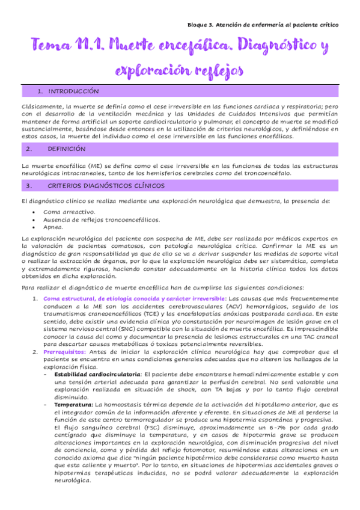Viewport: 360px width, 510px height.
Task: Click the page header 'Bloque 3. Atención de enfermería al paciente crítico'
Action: tap(259, 25)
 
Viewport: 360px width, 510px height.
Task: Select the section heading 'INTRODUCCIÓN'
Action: tap(73, 91)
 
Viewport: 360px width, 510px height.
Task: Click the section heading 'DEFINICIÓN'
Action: tap(67, 148)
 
